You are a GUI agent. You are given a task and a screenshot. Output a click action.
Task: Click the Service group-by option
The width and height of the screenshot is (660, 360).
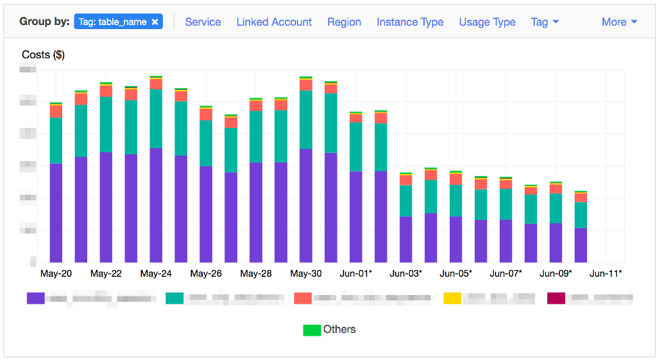click(x=203, y=22)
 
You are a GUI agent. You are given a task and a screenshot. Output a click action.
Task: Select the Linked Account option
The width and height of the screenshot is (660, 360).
click(x=274, y=22)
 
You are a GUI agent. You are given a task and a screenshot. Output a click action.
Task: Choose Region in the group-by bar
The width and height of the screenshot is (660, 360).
click(x=344, y=22)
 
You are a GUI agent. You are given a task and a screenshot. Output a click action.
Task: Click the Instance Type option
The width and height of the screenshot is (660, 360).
click(x=410, y=22)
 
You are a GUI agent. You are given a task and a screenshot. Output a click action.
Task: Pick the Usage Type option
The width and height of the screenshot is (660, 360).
click(x=487, y=22)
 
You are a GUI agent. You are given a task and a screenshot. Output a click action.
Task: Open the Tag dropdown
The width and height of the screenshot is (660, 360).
click(x=544, y=22)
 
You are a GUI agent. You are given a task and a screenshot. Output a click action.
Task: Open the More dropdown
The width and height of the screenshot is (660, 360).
click(x=619, y=22)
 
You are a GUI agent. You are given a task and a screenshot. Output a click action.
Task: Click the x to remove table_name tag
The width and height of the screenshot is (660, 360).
click(x=155, y=22)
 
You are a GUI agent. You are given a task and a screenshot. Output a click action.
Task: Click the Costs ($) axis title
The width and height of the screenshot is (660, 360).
click(x=43, y=55)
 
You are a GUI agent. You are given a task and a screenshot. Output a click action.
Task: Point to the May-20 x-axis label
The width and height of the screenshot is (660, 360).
click(x=56, y=273)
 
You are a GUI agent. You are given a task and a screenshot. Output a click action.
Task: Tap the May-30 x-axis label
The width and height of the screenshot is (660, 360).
click(x=306, y=273)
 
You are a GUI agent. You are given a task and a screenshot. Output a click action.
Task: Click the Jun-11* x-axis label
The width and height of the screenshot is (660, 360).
click(x=606, y=273)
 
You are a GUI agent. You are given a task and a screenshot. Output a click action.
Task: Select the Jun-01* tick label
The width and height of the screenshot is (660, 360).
click(x=356, y=273)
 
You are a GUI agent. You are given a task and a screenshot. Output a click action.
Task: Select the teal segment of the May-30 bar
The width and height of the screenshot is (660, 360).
click(x=306, y=119)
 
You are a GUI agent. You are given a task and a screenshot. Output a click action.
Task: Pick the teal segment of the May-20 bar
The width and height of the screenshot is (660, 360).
click(x=56, y=140)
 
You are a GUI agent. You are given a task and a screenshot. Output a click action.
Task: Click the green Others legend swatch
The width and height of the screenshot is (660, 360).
click(x=312, y=330)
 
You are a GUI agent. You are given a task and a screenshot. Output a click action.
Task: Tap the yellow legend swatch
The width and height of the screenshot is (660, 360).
click(x=452, y=298)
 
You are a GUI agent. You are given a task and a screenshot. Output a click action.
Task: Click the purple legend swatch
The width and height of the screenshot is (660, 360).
click(x=35, y=298)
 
